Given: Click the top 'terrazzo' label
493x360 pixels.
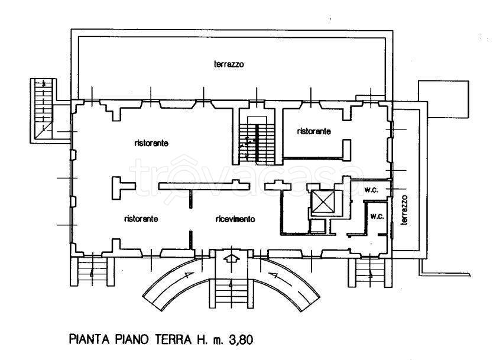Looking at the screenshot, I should tap(229, 64).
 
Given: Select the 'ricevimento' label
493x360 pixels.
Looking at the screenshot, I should tap(235, 219).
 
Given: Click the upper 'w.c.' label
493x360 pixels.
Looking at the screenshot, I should tap(372, 190).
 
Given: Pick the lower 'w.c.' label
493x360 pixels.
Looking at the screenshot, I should tap(377, 216).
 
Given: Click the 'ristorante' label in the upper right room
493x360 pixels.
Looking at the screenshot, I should tap(314, 131).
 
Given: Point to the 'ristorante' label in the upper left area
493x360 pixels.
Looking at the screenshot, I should tap(153, 143).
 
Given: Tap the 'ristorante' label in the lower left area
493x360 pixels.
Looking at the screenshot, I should tap(141, 219).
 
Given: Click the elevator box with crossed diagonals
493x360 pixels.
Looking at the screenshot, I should tap(323, 202).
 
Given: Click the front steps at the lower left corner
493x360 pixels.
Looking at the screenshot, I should tap(92, 271).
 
